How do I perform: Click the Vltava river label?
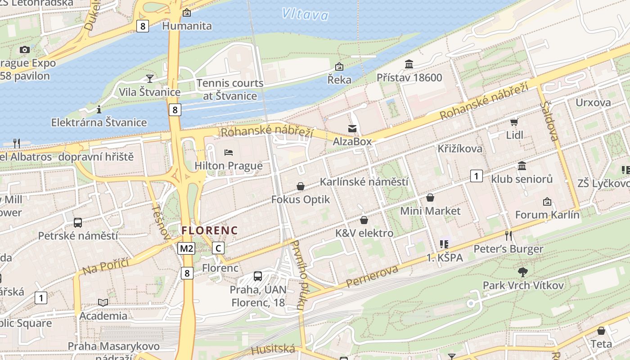point(306,14)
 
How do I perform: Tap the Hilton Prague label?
point(228,166)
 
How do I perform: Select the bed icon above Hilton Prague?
point(229,153)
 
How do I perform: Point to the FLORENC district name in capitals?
point(209,230)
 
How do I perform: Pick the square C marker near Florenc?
point(218,248)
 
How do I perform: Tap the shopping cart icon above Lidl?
point(514,122)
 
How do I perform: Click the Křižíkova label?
point(459,148)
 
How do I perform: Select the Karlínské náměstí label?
point(364,182)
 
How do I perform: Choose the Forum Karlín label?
point(547,215)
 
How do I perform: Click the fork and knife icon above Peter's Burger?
point(508,235)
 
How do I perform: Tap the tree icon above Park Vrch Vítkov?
point(522,272)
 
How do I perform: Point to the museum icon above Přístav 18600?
point(409,64)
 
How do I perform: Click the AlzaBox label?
point(352,142)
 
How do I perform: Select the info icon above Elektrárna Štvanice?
point(99,109)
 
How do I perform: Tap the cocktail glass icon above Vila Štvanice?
point(150,79)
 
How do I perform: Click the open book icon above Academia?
point(103,302)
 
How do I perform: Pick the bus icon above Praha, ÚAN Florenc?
point(258,276)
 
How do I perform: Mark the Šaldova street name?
point(550,121)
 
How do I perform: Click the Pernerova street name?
point(372,277)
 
